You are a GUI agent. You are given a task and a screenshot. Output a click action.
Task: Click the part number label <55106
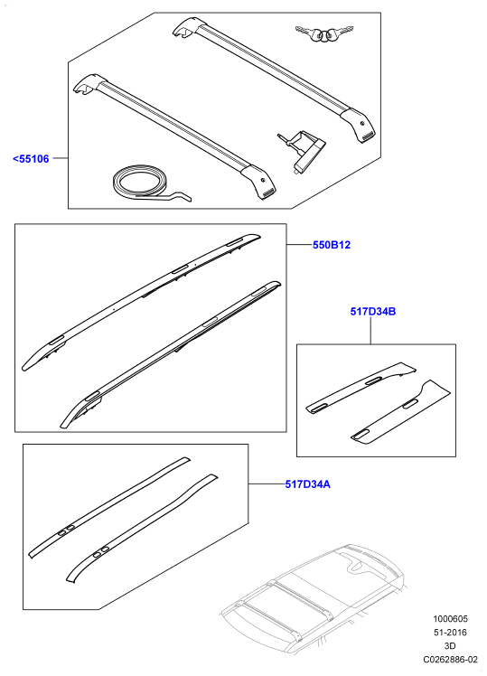tap(31, 159)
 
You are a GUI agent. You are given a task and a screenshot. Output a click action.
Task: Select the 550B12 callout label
tap(332, 245)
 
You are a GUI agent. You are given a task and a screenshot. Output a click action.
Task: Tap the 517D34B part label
tap(373, 311)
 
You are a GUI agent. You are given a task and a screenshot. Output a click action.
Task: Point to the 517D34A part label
tap(308, 484)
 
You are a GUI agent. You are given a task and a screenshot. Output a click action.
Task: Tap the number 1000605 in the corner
tap(450, 619)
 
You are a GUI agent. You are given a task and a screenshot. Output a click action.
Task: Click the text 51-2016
tap(450, 633)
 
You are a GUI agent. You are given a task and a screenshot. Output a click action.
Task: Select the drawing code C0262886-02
tap(450, 659)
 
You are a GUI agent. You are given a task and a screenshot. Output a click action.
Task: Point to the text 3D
tap(450, 646)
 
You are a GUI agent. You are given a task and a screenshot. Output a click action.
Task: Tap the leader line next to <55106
tap(61, 159)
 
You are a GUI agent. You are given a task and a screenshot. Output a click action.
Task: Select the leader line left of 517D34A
tap(267, 484)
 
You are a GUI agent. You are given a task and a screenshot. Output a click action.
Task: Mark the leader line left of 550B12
tap(300, 245)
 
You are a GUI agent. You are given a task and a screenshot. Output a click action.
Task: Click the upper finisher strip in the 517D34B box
tap(361, 387)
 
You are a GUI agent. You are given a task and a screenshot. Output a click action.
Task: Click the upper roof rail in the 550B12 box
tap(142, 302)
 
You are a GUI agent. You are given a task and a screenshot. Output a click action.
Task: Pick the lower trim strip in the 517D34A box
tap(142, 530)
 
